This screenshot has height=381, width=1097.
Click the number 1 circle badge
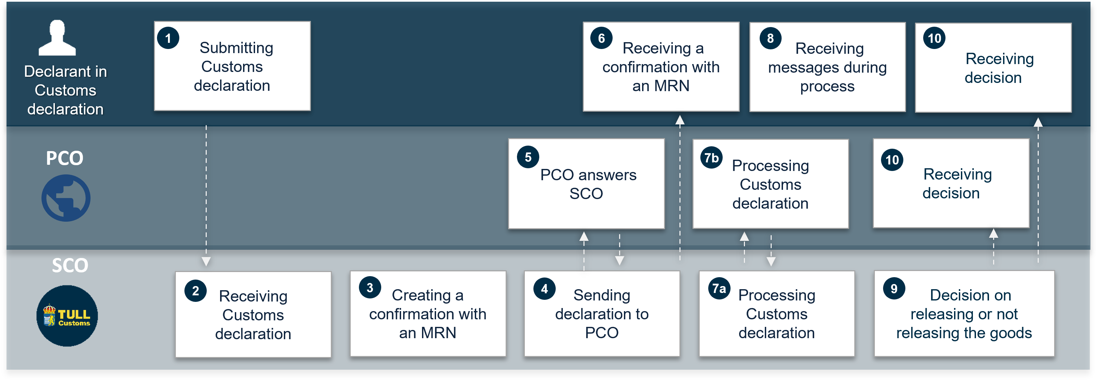(x=168, y=38)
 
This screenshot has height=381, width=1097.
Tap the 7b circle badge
(x=711, y=158)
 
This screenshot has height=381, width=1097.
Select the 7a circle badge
(x=719, y=288)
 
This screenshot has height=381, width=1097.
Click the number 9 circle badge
(x=894, y=288)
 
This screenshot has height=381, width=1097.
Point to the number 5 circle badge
(x=528, y=157)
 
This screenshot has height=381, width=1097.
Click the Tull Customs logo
(x=67, y=316)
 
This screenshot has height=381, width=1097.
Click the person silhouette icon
(x=57, y=38)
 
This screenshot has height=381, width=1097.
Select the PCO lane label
(x=64, y=158)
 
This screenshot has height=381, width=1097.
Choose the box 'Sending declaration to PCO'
(x=602, y=314)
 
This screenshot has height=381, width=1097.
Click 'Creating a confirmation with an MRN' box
(x=427, y=314)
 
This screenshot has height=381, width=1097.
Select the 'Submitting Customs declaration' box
(x=232, y=66)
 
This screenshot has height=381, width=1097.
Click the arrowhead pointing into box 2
(x=206, y=261)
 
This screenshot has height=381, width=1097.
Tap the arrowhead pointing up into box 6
(x=680, y=121)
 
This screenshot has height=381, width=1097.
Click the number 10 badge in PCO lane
(x=892, y=160)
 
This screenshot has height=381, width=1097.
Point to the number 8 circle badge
(x=770, y=38)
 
